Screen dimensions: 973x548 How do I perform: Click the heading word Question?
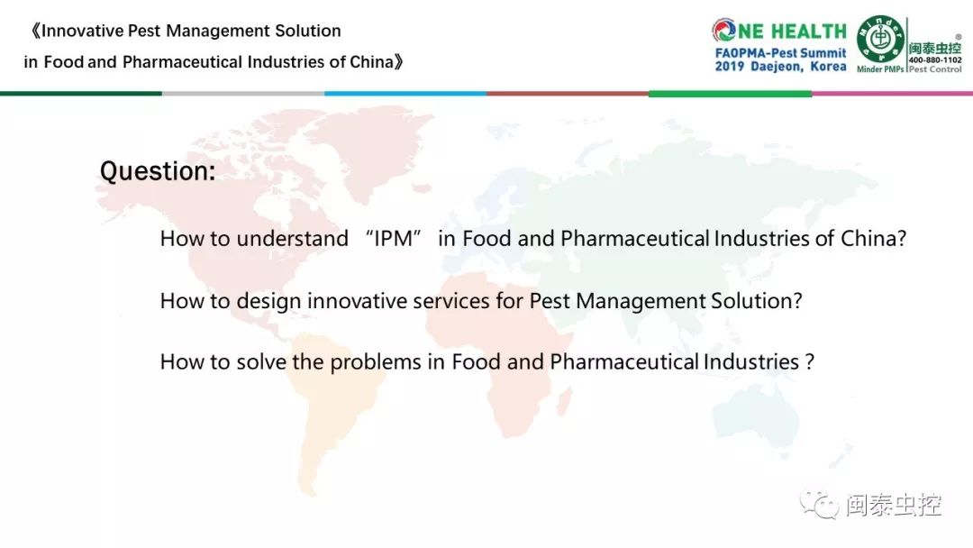[158, 171]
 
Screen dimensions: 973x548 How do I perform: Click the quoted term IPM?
[394, 239]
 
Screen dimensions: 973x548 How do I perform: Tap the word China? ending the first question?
[874, 239]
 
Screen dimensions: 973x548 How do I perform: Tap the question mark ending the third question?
[810, 362]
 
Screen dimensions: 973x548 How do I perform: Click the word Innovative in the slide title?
[83, 31]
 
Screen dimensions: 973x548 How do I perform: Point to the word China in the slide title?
[372, 62]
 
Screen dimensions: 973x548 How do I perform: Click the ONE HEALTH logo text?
[779, 31]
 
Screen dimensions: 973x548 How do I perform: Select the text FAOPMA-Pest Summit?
[780, 53]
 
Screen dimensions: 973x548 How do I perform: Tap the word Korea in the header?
[829, 67]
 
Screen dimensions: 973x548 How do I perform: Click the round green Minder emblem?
[880, 39]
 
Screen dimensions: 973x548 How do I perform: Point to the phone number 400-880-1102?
[935, 60]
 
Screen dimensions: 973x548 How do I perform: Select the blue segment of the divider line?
[405, 94]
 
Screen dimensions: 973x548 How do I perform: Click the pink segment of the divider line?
[892, 94]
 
